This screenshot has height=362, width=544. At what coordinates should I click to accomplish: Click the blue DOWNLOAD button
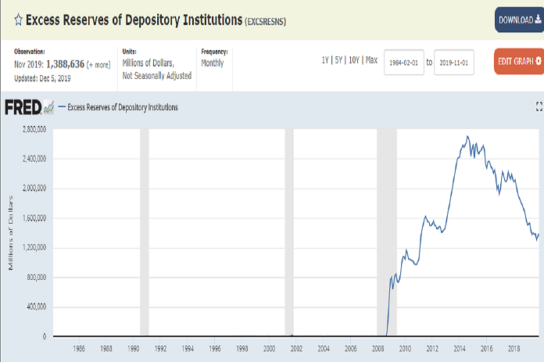(519, 20)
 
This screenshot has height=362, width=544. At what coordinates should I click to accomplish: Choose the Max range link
(371, 60)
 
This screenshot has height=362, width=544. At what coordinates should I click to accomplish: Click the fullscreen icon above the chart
(539, 106)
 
